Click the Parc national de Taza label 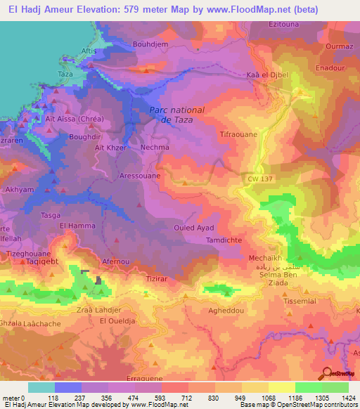(176, 115)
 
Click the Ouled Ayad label (193, 228)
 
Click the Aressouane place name (140, 176)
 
